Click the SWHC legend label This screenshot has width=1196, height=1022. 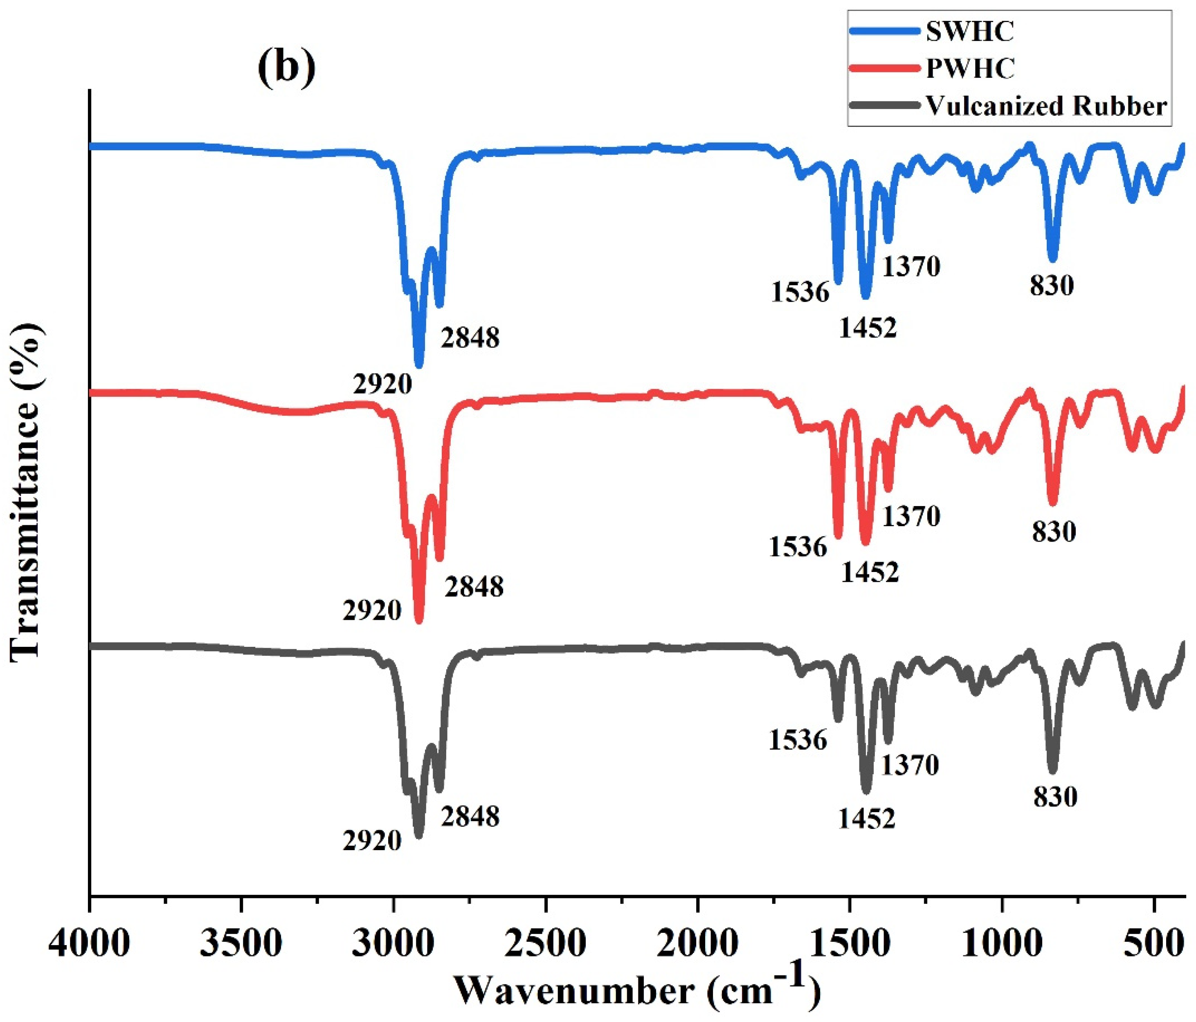pyautogui.click(x=970, y=32)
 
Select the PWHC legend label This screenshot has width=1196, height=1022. pyautogui.click(x=970, y=69)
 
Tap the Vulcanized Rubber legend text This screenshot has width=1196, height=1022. pyautogui.click(x=1046, y=106)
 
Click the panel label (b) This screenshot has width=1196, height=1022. pyautogui.click(x=287, y=65)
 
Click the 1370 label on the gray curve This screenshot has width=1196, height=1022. pyautogui.click(x=910, y=765)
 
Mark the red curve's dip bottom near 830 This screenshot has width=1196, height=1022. pyautogui.click(x=1053, y=502)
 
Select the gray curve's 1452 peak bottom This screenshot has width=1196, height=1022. pyautogui.click(x=865, y=790)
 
